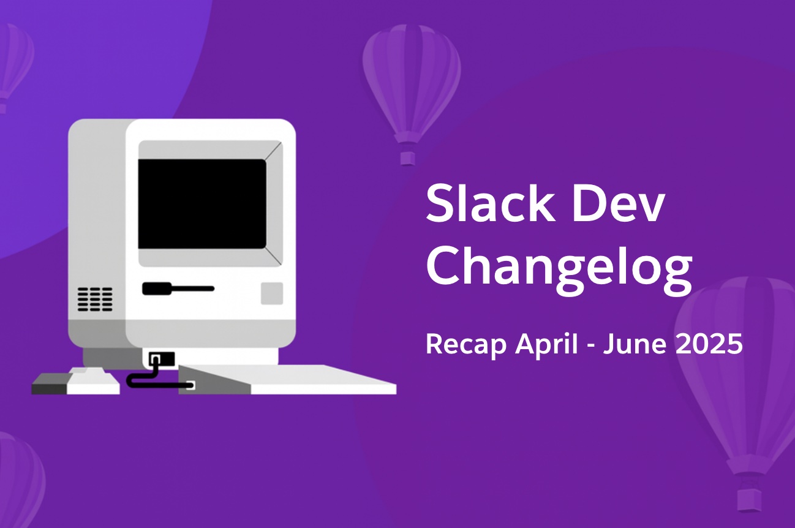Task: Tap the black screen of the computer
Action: (x=202, y=203)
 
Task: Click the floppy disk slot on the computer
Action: (x=178, y=288)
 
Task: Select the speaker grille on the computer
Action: (x=95, y=299)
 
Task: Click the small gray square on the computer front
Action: (x=272, y=293)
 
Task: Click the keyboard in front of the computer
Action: (x=288, y=380)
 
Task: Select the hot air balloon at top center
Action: (x=411, y=80)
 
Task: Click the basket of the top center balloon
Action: (x=407, y=158)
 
